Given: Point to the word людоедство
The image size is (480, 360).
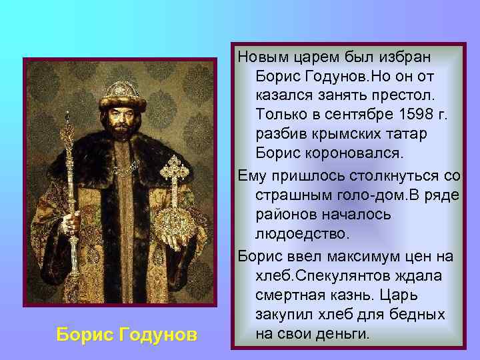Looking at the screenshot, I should pyautogui.click(x=301, y=235).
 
